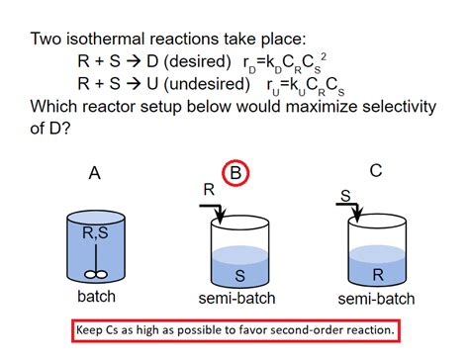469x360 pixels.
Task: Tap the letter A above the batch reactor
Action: (95, 174)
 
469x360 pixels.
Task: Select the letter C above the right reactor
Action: (376, 171)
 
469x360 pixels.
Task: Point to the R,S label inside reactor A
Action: (94, 234)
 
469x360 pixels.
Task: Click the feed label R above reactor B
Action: (207, 188)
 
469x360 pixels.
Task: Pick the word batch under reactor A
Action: (95, 298)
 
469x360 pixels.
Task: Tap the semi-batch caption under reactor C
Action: (376, 298)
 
